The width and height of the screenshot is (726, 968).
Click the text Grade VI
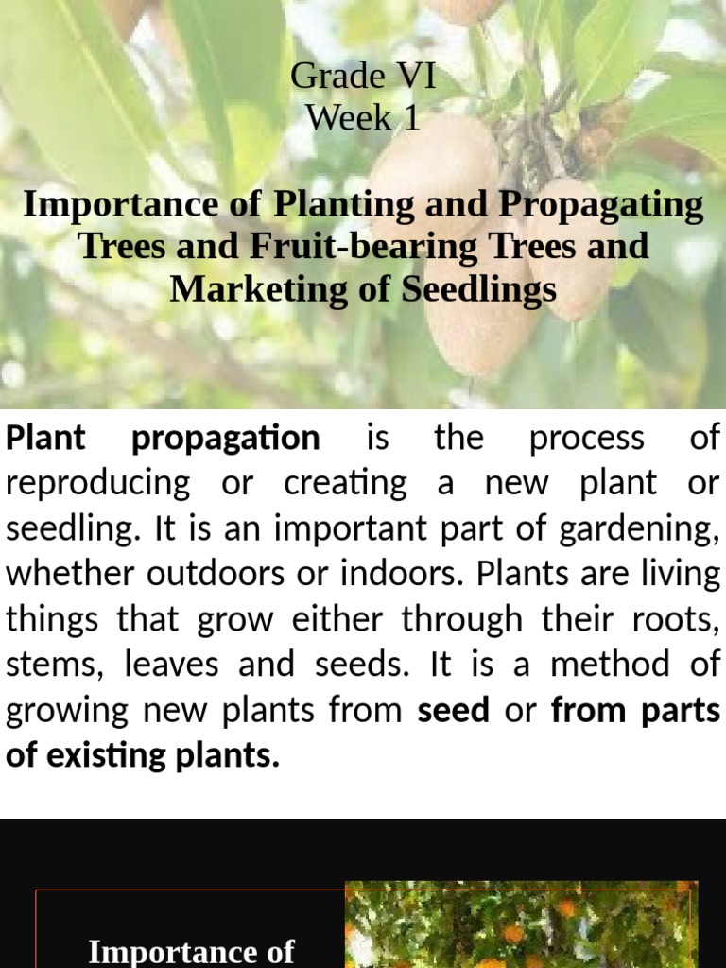[x=363, y=77]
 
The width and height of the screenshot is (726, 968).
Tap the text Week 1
[x=363, y=118]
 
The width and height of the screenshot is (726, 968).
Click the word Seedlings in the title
[x=478, y=288]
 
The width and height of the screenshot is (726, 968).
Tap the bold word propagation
[x=225, y=439]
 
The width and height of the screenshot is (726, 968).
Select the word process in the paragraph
[x=586, y=439]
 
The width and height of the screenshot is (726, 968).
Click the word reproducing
[x=97, y=484]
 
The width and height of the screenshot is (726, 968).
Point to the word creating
[x=345, y=484]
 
